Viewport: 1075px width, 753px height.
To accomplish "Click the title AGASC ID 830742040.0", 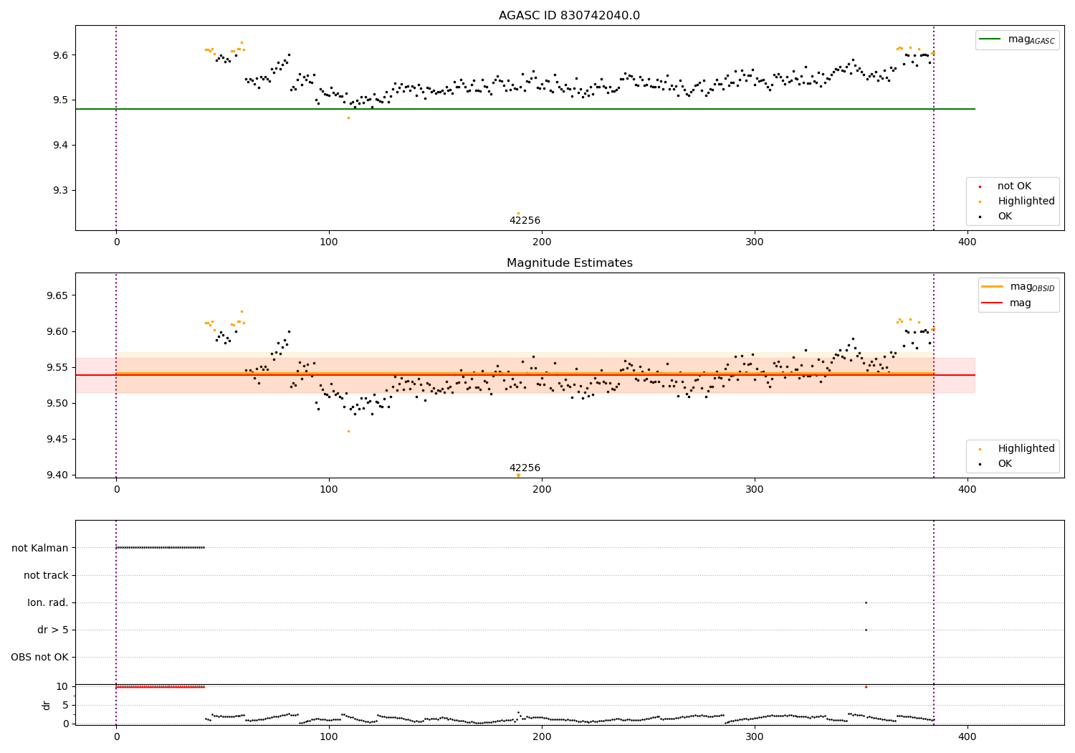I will point(569,16).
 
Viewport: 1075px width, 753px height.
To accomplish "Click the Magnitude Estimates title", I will point(569,263).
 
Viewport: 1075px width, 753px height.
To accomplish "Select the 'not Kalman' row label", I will point(40,548).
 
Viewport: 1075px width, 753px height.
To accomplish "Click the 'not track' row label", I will point(46,575).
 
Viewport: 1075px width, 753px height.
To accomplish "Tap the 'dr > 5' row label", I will point(53,630).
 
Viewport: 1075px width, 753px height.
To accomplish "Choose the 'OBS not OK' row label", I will point(39,657).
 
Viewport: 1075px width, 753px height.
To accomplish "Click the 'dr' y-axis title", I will point(47,705).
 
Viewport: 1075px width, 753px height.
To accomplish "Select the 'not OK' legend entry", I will point(1014,186).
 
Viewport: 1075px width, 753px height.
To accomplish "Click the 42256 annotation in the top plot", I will point(525,221).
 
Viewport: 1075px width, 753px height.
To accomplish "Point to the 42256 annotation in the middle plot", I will point(525,468).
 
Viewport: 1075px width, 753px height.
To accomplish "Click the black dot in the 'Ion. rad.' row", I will point(866,602).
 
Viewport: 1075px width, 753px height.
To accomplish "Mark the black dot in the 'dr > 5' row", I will point(866,630).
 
